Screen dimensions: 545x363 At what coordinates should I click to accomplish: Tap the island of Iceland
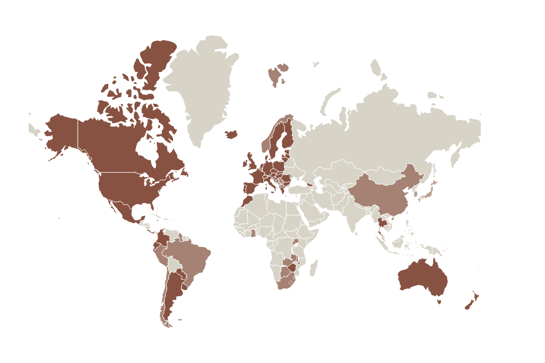[231, 134]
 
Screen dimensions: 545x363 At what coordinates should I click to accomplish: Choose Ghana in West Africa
[253, 232]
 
